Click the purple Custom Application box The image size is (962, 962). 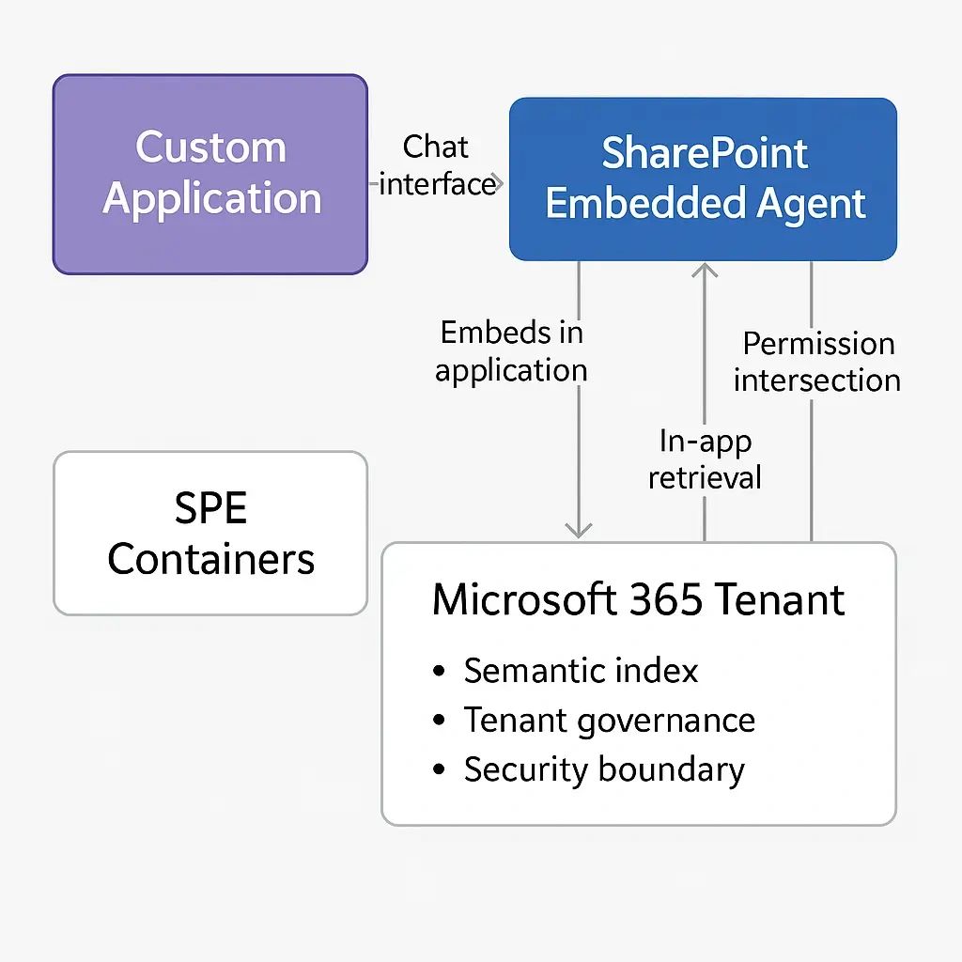[209, 175]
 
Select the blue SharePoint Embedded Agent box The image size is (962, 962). [703, 178]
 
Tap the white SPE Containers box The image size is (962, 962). [209, 533]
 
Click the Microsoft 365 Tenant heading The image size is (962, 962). [638, 599]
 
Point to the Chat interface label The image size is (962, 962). [437, 165]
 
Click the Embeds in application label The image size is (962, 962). [511, 351]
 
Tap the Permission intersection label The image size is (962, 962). [817, 362]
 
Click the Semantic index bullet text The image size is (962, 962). [581, 671]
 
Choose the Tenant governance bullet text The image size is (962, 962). [609, 721]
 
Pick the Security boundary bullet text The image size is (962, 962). [604, 769]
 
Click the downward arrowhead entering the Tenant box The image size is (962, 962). [579, 530]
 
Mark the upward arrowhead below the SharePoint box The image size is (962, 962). [705, 272]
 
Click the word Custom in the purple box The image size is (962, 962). [210, 147]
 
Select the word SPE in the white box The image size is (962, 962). [210, 509]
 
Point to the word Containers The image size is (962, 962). [210, 559]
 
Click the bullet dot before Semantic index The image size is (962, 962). [439, 673]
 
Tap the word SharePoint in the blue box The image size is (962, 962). [705, 153]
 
